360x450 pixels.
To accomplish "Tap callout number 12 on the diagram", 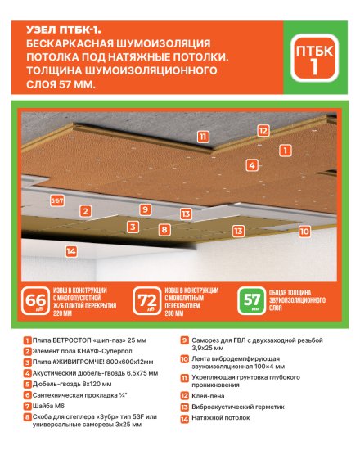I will point(262,129).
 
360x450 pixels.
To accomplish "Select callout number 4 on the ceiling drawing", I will point(252,164).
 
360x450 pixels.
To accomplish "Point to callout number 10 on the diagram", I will point(304,232).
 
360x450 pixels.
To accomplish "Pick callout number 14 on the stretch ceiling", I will point(71,250).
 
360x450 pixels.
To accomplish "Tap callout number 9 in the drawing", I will point(144,209).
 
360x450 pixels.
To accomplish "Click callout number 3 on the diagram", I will point(132,226).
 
